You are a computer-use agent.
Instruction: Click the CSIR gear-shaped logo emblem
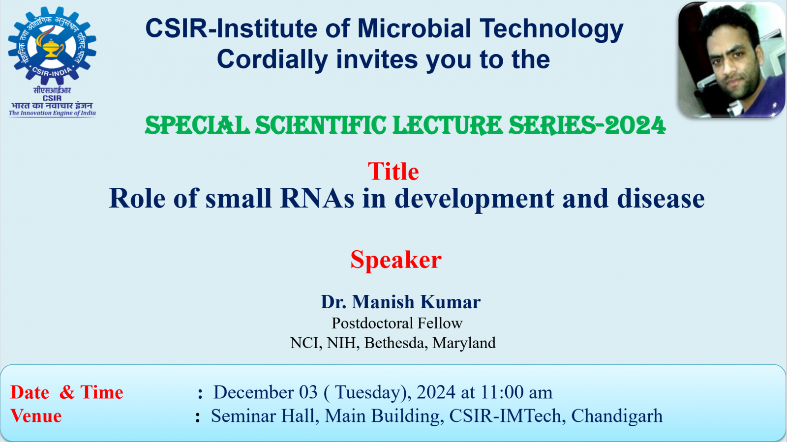[x=52, y=46]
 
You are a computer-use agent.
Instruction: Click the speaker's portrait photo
[x=731, y=60]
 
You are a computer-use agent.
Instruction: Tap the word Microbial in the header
[x=414, y=29]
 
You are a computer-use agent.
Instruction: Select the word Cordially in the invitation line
[x=272, y=60]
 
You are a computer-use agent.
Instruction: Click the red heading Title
[x=393, y=172]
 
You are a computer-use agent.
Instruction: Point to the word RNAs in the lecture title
[x=317, y=199]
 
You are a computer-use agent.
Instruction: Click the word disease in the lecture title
[x=661, y=199]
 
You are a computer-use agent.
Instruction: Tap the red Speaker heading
[x=395, y=260]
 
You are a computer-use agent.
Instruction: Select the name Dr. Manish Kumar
[x=400, y=302]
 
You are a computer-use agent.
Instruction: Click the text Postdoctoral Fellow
[x=397, y=323]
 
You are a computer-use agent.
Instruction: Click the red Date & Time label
[x=67, y=392]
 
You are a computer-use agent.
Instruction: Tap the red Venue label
[x=36, y=416]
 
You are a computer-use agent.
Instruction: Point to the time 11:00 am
[x=516, y=392]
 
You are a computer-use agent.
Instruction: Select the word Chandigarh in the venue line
[x=616, y=416]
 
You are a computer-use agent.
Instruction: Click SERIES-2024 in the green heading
[x=586, y=126]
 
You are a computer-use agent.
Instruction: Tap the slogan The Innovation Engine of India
[x=52, y=113]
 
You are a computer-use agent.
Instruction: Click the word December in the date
[x=253, y=392]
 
